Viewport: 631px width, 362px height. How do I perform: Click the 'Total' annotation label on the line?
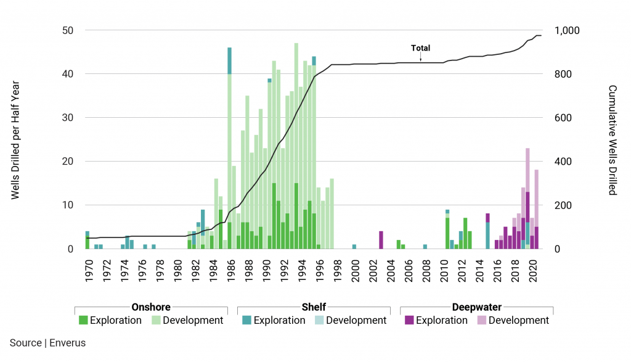421,48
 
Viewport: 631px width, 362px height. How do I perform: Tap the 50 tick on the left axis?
67,31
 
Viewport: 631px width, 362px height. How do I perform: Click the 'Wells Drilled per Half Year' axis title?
15,140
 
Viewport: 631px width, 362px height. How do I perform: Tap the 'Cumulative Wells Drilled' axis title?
613,140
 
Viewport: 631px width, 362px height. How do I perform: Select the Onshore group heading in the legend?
151,307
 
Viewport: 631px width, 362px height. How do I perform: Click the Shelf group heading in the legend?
314,307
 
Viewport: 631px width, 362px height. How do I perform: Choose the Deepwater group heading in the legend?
476,307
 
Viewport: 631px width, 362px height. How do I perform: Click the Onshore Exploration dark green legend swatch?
83,321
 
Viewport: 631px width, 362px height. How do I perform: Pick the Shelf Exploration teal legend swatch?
246,321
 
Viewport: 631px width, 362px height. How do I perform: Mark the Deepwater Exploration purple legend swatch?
409,321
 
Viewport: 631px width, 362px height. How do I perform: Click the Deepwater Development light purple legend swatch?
481,321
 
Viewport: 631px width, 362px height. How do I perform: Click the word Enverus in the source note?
68,343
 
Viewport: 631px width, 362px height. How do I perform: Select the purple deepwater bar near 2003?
381,240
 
